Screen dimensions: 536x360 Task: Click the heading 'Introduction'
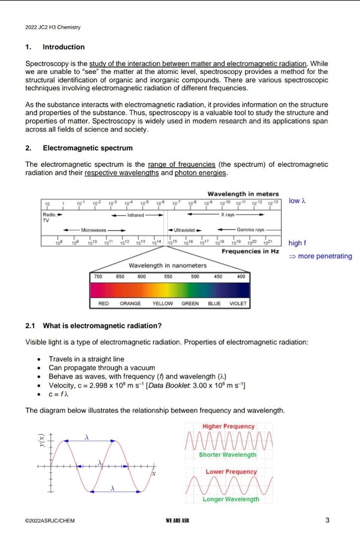[x=64, y=47]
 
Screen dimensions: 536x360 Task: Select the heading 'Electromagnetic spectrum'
[x=87, y=148]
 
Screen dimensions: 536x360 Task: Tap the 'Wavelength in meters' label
[x=243, y=194]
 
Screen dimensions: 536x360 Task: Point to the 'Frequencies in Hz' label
[x=250, y=251]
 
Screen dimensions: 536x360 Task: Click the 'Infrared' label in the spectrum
[x=135, y=215]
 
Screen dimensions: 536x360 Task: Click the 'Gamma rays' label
[x=251, y=230]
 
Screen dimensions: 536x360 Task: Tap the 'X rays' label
[x=228, y=215]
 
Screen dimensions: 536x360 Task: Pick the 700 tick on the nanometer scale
[x=98, y=276]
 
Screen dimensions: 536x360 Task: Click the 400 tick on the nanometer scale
[x=241, y=276]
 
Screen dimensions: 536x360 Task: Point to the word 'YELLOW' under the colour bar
[x=162, y=303]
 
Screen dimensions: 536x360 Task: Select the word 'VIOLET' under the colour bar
[x=237, y=303]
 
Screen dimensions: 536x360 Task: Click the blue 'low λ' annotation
[x=297, y=201]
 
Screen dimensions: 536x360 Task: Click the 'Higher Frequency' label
[x=228, y=426]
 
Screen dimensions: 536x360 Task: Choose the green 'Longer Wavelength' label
[x=230, y=499]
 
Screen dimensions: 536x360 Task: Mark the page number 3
[x=327, y=520]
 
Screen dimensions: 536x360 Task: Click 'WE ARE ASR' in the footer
[x=178, y=521]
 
